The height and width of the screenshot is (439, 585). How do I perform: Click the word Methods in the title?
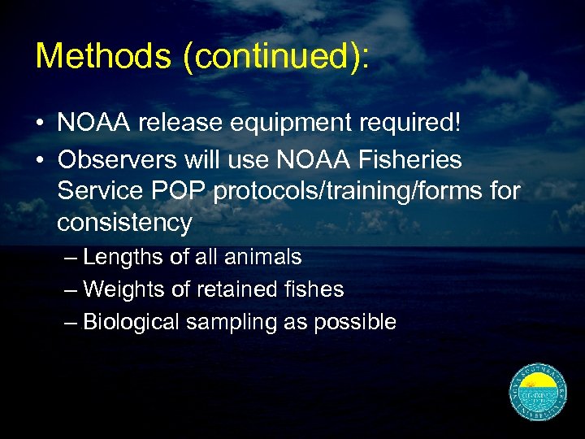click(x=102, y=55)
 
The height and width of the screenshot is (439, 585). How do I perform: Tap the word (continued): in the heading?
click(x=276, y=57)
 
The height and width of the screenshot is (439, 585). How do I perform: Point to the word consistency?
click(x=124, y=223)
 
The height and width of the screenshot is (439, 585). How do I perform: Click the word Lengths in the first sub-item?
click(x=123, y=258)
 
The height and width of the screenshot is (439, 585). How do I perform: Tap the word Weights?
click(x=123, y=289)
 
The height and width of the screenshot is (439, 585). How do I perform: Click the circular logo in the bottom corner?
click(x=537, y=393)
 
